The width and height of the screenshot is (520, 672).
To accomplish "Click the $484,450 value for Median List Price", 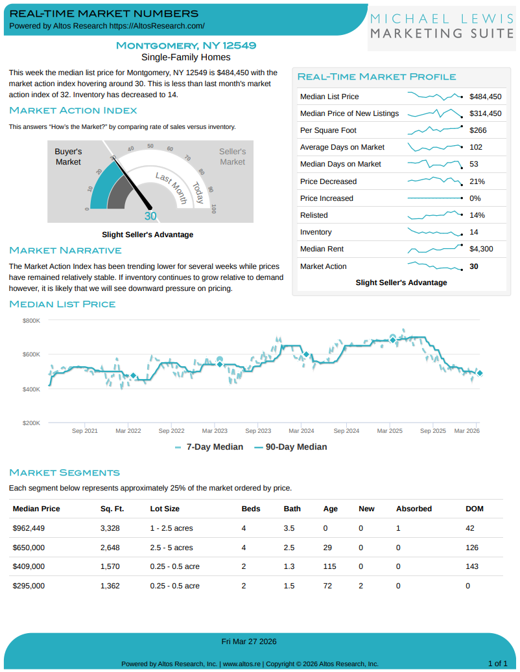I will click(x=485, y=97).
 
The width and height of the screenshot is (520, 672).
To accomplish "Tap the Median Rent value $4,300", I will click(x=481, y=249).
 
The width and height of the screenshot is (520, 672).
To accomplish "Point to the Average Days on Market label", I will click(x=342, y=147).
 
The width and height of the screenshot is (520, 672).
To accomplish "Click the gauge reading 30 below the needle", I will click(x=150, y=216).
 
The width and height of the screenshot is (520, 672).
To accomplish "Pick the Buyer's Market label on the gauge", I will click(x=68, y=156).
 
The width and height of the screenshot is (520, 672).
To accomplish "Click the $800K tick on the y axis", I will click(x=32, y=321).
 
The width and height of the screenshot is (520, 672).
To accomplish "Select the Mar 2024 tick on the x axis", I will click(x=301, y=430).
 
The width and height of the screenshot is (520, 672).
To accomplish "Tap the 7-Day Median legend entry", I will click(x=209, y=446).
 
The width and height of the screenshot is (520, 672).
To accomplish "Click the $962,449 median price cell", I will click(x=29, y=528).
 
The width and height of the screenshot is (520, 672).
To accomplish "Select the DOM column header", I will click(x=475, y=509).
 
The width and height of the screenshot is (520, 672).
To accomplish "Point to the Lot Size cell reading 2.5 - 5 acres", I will click(x=171, y=548).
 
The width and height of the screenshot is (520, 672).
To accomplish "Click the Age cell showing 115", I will click(x=329, y=566).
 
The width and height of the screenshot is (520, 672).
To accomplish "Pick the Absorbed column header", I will click(x=414, y=509).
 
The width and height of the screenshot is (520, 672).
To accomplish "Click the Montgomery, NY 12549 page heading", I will click(x=185, y=45).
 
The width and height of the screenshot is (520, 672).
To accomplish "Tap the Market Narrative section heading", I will click(x=65, y=250).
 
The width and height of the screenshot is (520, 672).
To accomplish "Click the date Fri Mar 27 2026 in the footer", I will click(x=249, y=642).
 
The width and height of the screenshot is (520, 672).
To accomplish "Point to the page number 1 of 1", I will click(x=497, y=663).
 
